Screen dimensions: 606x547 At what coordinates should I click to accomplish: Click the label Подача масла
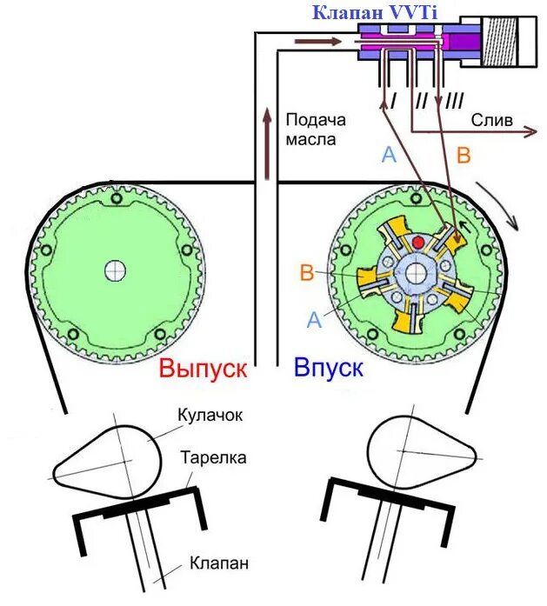pyautogui.click(x=315, y=130)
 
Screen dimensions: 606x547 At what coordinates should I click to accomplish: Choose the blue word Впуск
pyautogui.click(x=328, y=368)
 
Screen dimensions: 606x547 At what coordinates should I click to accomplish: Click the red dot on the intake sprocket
pyautogui.click(x=419, y=241)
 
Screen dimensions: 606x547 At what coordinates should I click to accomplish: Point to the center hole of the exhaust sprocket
pyautogui.click(x=114, y=270)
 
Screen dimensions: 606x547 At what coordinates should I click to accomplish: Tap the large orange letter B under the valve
pyautogui.click(x=464, y=156)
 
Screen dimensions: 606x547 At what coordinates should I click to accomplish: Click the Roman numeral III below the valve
pyautogui.click(x=453, y=103)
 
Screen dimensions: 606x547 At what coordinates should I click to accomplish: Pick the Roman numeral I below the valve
pyautogui.click(x=393, y=103)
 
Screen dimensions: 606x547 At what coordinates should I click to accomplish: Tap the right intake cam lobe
pyautogui.click(x=422, y=452)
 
